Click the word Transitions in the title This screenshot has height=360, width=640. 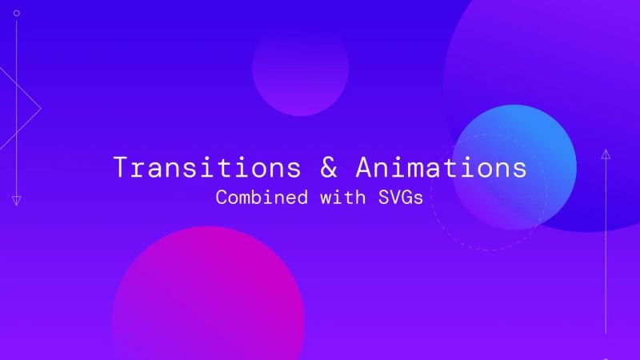[x=207, y=167]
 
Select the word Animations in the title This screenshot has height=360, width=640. [x=442, y=167]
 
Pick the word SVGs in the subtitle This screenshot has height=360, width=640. [x=400, y=197]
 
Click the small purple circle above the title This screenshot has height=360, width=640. [x=300, y=68]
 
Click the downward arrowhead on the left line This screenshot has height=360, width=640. [x=16, y=200]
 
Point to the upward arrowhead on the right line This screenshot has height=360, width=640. [x=606, y=154]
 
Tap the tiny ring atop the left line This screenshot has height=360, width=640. [x=16, y=14]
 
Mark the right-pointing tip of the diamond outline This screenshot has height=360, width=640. [x=40, y=108]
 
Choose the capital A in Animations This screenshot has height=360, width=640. [x=364, y=167]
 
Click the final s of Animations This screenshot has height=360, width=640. [x=519, y=168]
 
